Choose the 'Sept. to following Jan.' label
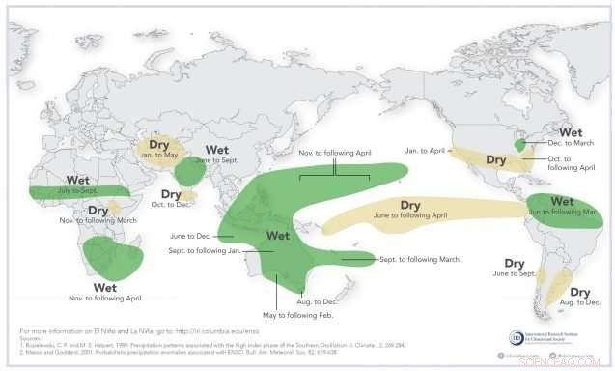point(201,251)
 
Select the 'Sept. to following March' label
point(416,260)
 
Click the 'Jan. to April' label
point(424,151)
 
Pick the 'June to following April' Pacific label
point(410,218)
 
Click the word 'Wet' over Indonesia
point(277,235)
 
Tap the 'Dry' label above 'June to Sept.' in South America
point(514,262)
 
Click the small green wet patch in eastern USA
point(521,144)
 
